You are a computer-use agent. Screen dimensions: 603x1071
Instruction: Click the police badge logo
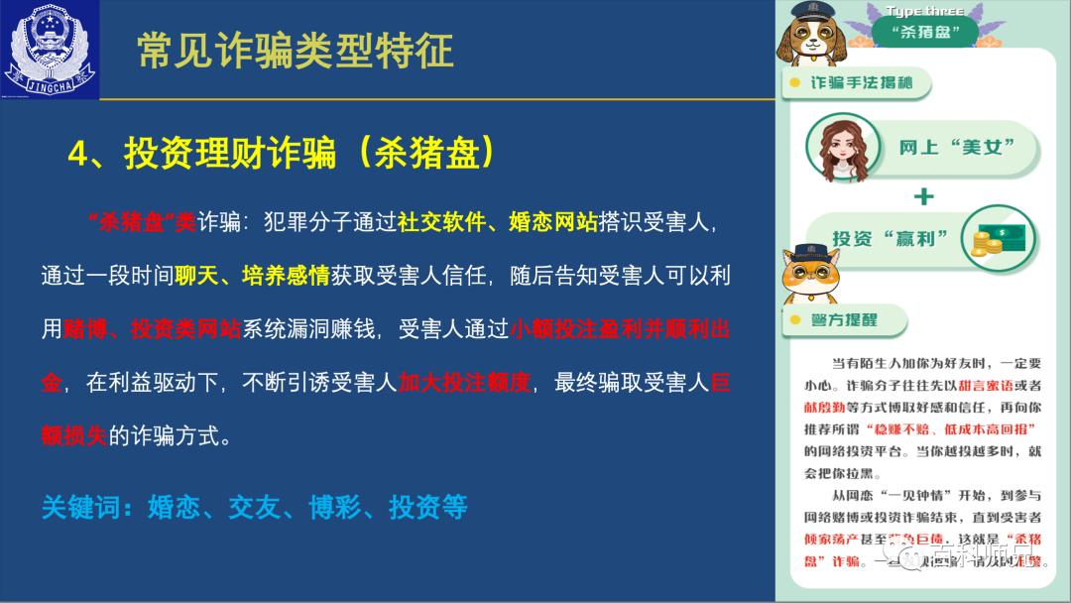(51, 51)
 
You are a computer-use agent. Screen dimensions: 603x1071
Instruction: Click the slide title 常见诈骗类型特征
(295, 51)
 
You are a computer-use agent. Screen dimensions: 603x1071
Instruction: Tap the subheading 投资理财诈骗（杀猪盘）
(281, 154)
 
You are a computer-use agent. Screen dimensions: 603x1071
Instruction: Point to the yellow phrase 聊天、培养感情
(252, 275)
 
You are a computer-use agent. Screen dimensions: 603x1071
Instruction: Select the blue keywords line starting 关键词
(254, 507)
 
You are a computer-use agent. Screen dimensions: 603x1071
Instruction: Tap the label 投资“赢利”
(890, 239)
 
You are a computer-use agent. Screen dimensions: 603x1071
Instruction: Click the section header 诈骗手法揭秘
(861, 83)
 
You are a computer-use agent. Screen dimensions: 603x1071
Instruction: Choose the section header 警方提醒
(844, 320)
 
